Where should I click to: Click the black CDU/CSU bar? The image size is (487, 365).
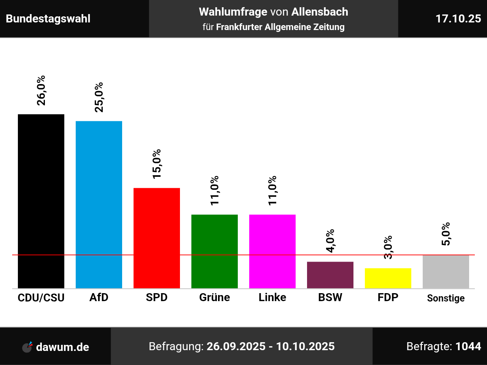(x=41, y=201)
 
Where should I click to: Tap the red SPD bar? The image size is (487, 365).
(x=157, y=238)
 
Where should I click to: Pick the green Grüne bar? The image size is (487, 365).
(x=215, y=251)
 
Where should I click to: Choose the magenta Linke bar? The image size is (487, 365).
(x=272, y=251)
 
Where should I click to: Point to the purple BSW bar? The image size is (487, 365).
(x=330, y=275)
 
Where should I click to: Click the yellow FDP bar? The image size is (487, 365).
(x=388, y=278)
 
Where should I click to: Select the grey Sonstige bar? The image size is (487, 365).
(x=446, y=271)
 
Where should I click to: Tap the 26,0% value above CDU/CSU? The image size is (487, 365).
(x=41, y=90)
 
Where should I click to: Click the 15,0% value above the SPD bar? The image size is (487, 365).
(x=157, y=164)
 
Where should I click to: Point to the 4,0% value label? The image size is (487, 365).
(x=330, y=241)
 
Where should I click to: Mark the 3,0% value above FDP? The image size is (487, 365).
(x=388, y=248)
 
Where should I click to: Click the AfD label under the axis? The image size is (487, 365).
(x=99, y=297)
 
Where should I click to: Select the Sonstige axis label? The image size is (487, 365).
(x=446, y=298)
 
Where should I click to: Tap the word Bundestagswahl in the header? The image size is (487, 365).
(x=48, y=19)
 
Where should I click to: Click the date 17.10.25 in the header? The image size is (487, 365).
(x=458, y=19)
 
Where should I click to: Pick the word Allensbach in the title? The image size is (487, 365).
(x=320, y=12)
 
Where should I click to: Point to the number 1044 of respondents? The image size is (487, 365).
(x=468, y=346)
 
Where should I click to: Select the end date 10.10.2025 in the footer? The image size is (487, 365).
(x=305, y=346)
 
